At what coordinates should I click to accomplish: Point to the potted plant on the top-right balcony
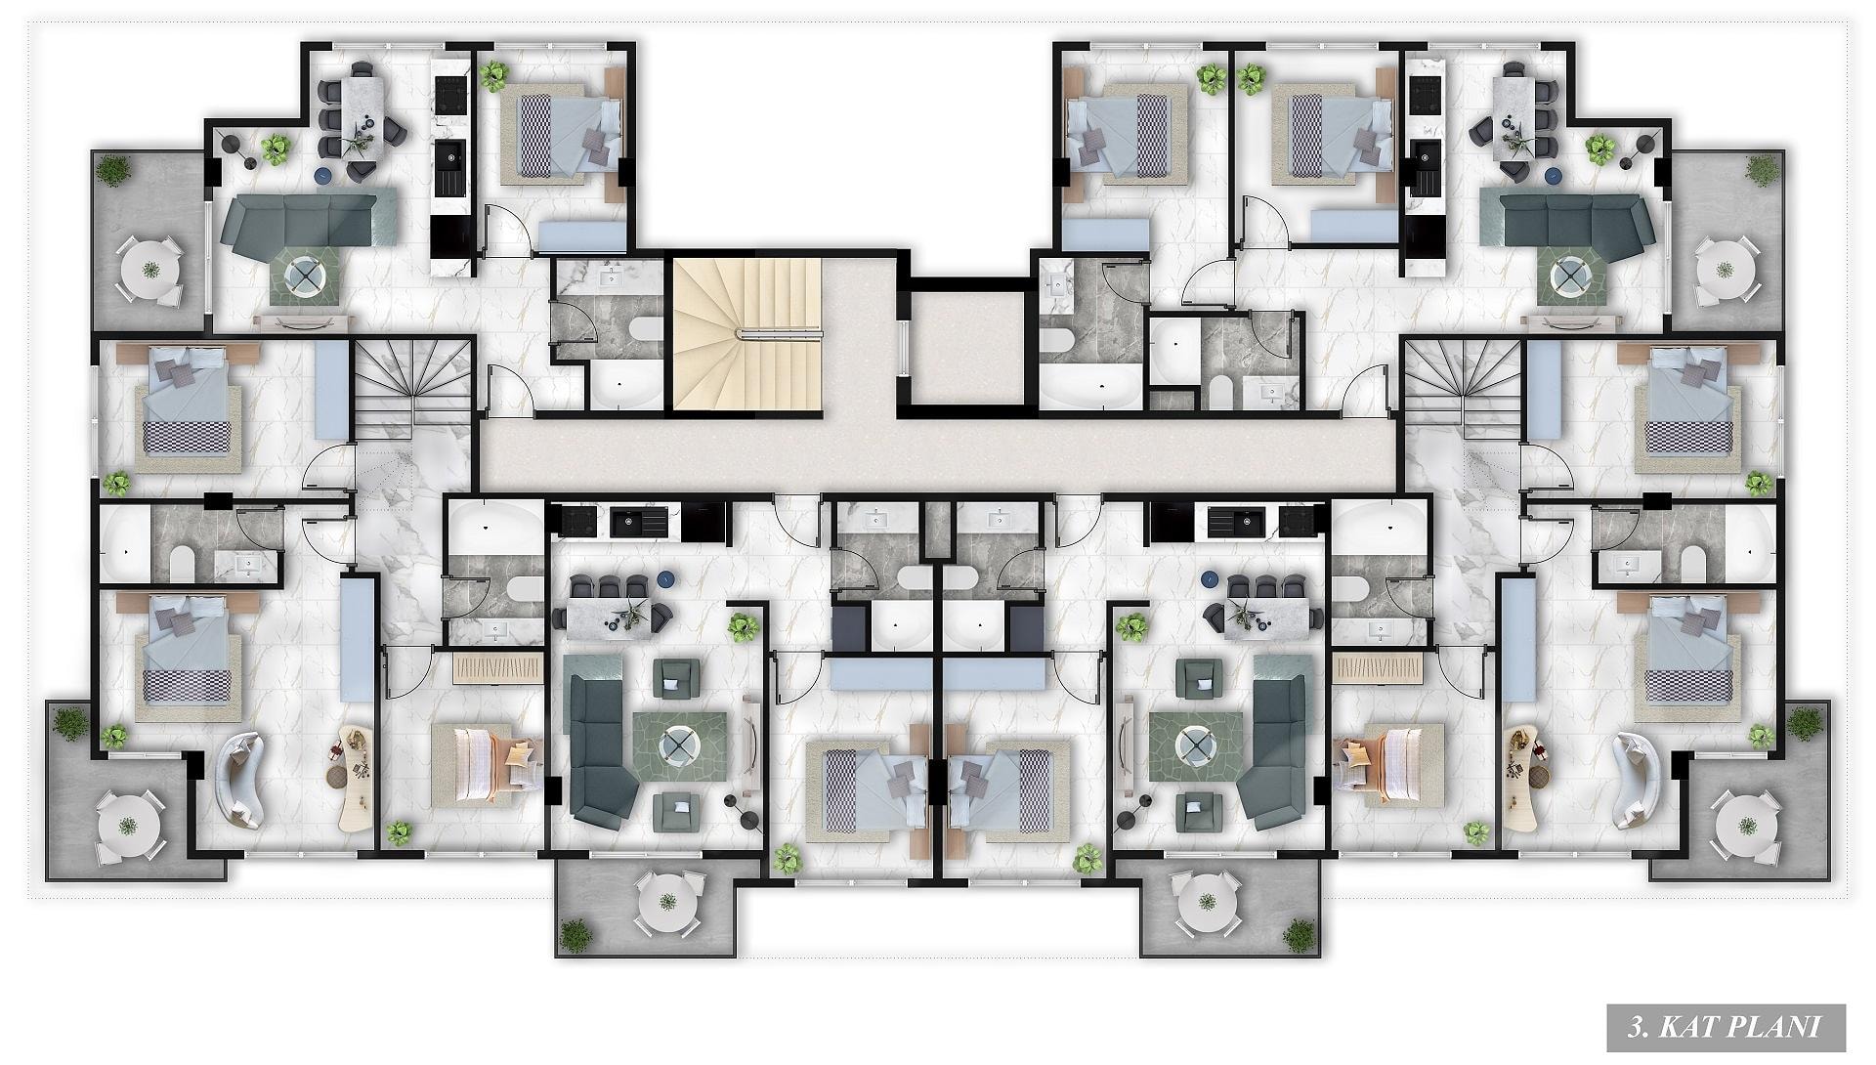click(1761, 171)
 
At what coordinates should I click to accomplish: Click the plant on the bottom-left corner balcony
click(70, 724)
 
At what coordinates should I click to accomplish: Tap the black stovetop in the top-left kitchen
click(451, 95)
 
